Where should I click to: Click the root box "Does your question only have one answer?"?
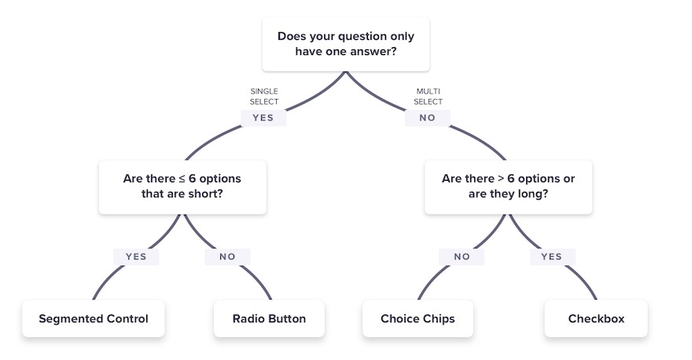(345, 44)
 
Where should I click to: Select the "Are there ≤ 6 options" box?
(182, 187)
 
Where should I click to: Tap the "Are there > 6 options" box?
(508, 187)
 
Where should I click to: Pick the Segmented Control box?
(93, 318)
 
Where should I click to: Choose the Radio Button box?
(269, 318)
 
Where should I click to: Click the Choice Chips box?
(418, 318)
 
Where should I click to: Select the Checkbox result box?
(596, 318)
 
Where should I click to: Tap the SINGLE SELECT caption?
(264, 96)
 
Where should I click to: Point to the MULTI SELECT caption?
(428, 96)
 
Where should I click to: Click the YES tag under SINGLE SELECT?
(263, 118)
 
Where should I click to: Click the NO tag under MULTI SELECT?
(427, 118)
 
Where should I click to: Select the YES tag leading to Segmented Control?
(136, 257)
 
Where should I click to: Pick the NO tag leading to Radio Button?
(227, 257)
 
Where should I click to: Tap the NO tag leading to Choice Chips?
(462, 257)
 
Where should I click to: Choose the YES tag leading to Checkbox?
(552, 257)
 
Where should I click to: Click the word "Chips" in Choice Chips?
(439, 319)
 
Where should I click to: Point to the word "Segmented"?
(66, 319)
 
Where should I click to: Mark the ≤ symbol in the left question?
(182, 178)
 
